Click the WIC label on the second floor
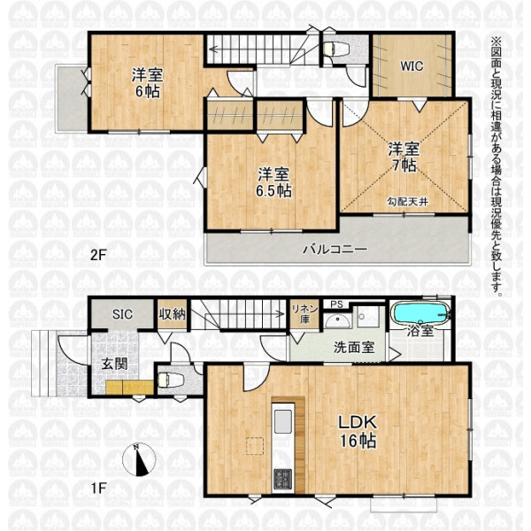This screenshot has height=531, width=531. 412,66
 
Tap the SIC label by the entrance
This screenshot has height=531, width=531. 122,314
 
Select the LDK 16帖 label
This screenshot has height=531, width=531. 358,432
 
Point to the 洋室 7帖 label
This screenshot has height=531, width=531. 404,158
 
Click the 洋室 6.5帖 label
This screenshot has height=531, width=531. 273,183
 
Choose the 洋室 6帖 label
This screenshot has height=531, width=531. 147,83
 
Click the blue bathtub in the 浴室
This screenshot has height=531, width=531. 420,314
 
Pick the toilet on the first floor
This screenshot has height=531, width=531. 170,380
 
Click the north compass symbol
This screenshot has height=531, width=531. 139,460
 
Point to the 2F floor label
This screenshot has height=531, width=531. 98,255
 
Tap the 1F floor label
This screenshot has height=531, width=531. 98,488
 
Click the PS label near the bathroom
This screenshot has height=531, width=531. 336,304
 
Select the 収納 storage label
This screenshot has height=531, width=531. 173,314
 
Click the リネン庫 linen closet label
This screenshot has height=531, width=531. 304,314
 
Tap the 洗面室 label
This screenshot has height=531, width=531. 354,348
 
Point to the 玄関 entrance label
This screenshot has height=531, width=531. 115,365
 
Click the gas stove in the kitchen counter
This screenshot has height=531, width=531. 282,479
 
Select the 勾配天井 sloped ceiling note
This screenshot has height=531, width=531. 408,202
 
